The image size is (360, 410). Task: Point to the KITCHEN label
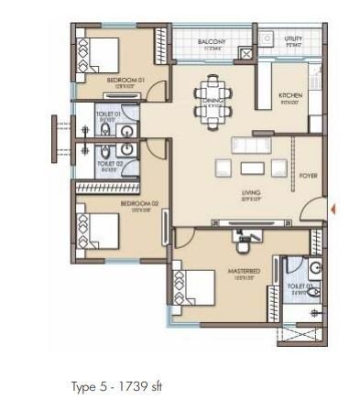tap(291, 95)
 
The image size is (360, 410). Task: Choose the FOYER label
tap(309, 176)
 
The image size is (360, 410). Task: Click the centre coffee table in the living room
tap(250, 168)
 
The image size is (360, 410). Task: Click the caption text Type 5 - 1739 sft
tap(116, 386)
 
